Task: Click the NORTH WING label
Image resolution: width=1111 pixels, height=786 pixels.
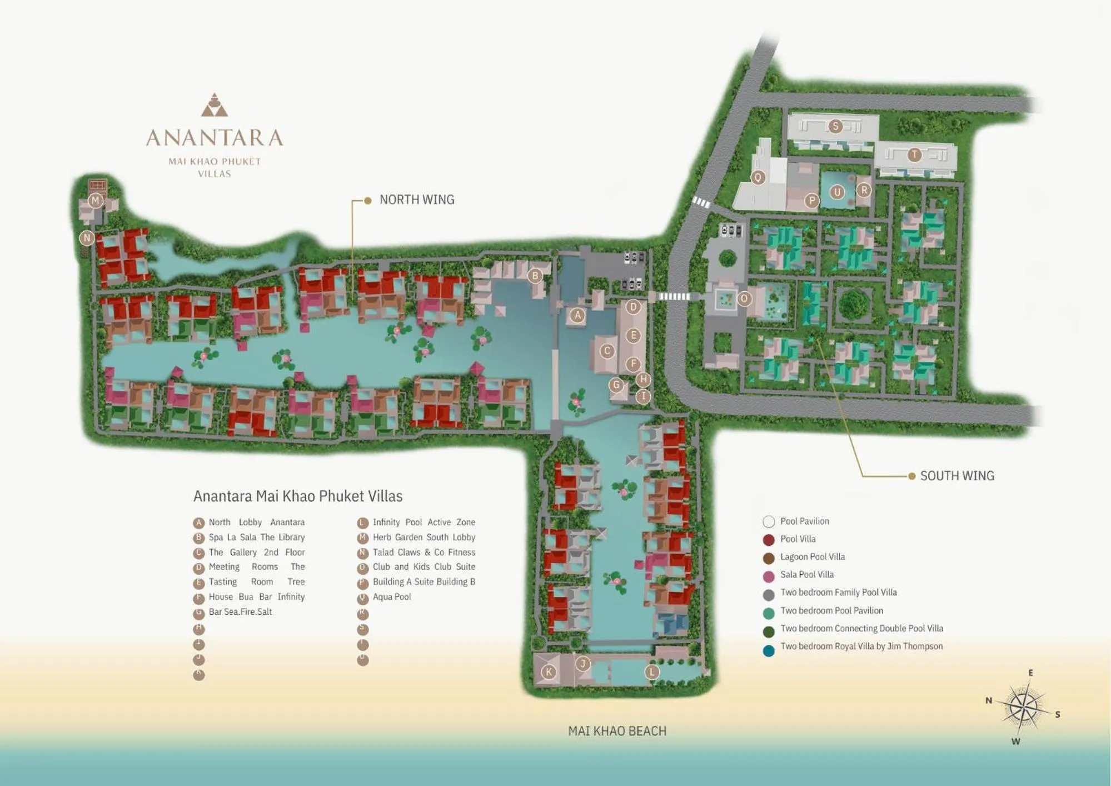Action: coord(416,200)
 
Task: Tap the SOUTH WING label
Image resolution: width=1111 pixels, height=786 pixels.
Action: coord(956,476)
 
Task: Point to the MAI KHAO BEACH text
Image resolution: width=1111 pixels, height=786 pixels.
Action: coord(617,731)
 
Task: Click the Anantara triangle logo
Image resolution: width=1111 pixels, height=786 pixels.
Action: coord(214,105)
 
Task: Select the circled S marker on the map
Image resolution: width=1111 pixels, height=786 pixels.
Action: coord(835,126)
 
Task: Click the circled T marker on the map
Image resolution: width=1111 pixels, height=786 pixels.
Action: coord(914,155)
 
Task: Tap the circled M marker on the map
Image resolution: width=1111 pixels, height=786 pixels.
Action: coord(96,201)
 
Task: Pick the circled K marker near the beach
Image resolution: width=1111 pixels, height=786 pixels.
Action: coord(549,671)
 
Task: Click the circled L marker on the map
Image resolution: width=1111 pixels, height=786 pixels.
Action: coord(651,672)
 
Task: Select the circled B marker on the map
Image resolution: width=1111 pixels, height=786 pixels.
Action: coord(535,275)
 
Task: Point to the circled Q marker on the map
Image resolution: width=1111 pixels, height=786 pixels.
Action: coord(758,177)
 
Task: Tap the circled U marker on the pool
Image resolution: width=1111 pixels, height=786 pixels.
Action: coord(837,192)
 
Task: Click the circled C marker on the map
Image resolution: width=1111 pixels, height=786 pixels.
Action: coord(607,351)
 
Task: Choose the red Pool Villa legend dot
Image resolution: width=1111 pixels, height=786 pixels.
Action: coord(769,539)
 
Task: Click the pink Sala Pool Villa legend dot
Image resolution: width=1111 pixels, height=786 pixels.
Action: coord(769,576)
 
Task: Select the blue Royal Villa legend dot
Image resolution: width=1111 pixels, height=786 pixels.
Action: coord(769,651)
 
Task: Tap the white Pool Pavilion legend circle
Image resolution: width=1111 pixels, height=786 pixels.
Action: coord(769,521)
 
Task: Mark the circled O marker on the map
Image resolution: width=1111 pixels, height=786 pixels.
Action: coord(744,299)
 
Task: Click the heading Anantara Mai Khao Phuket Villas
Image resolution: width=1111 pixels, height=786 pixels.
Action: coord(298,496)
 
